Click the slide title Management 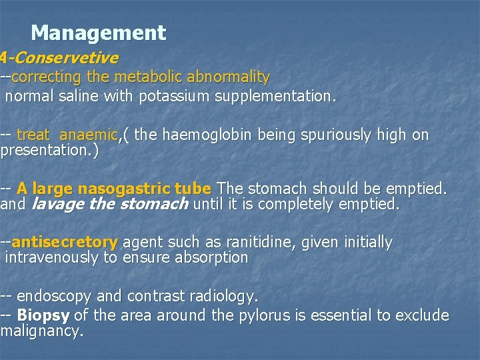(98, 32)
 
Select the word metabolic (145, 77)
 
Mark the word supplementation (273, 97)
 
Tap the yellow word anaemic (88, 135)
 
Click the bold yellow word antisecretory (65, 242)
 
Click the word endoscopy (53, 295)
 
